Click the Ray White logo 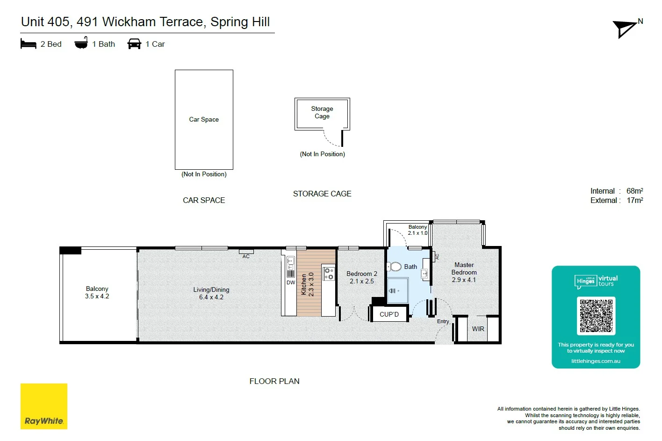tap(44, 406)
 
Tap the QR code tap(596, 316)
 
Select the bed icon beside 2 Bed tap(29, 44)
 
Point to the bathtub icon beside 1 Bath tap(81, 43)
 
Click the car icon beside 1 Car tap(134, 44)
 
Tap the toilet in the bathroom tap(395, 267)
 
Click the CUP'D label tap(389, 314)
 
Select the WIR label tap(478, 329)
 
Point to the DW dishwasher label tap(291, 282)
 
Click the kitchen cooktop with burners tap(329, 274)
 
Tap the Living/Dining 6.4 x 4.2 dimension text tap(211, 297)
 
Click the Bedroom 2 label tap(361, 274)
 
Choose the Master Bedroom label tap(464, 268)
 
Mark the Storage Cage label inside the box tap(322, 112)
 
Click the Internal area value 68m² tap(634, 191)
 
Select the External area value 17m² tap(634, 200)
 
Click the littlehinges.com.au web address tap(596, 361)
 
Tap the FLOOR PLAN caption tap(274, 381)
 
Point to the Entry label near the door tap(443, 321)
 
